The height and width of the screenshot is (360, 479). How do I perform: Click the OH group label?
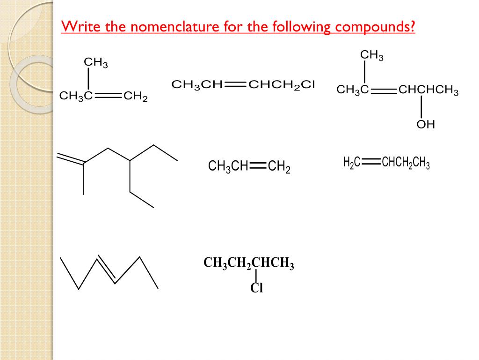426,125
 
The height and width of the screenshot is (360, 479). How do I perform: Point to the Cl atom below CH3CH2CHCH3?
257,288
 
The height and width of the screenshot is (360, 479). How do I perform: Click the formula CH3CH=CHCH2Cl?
244,85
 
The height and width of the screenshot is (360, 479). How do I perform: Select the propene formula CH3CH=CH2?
249,167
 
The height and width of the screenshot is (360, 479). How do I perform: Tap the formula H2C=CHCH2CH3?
386,163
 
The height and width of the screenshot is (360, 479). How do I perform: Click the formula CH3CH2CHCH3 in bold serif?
248,264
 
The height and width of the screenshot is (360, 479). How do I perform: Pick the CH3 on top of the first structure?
95,62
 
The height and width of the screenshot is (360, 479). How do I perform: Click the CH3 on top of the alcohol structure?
371,56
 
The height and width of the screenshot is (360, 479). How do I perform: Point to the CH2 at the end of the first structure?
135,97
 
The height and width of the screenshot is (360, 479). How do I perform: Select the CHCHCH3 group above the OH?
428,90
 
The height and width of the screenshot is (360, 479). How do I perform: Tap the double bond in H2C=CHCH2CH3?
370,162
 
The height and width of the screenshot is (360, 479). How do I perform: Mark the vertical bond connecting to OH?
421,107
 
